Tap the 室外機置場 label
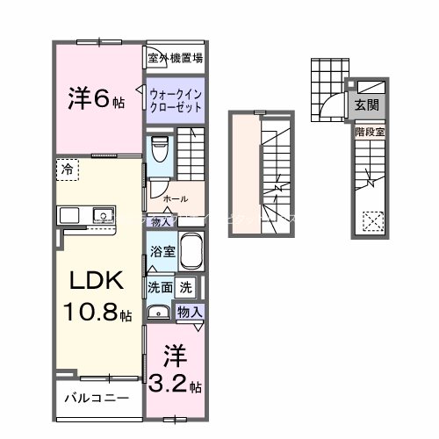[x=176, y=59]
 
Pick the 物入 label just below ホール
[x=162, y=222]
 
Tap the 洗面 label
[x=159, y=286]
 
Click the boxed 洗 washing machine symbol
[x=186, y=286]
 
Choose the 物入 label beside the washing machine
[x=190, y=312]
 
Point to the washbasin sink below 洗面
[x=159, y=311]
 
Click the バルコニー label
[x=97, y=398]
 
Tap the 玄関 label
[x=367, y=104]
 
